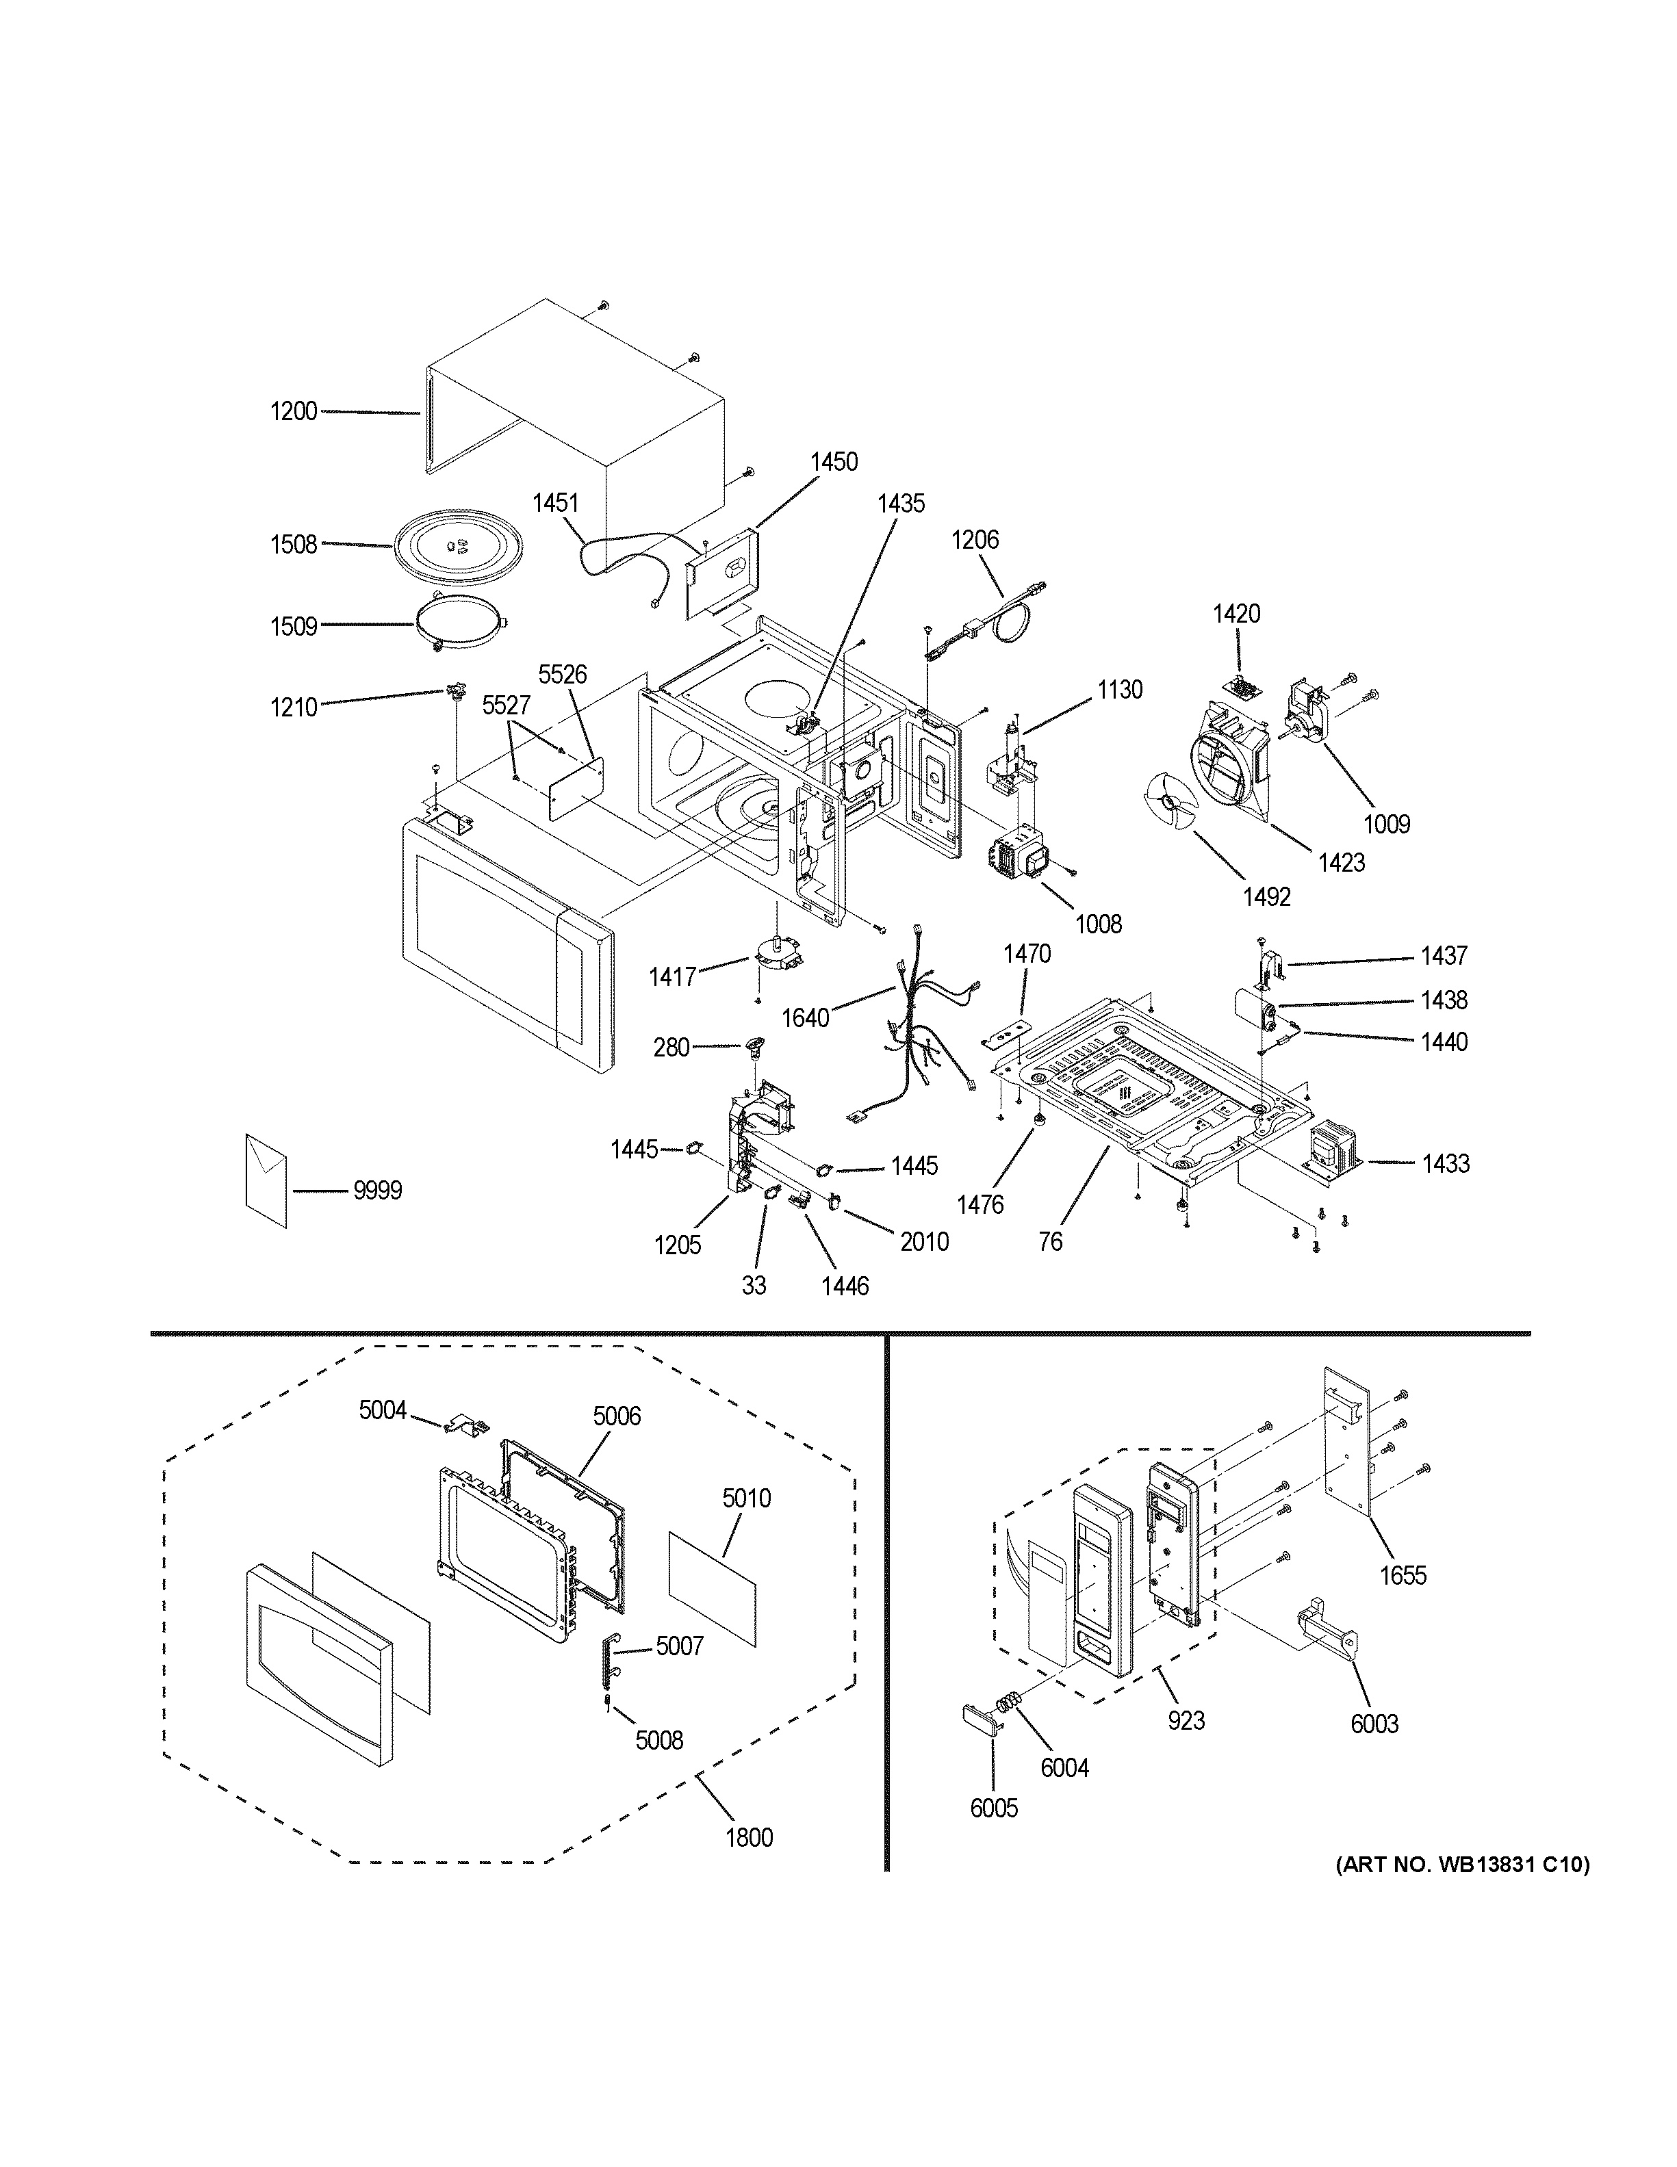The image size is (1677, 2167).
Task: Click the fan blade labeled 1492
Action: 1171,802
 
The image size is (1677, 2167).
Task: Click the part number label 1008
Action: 1099,924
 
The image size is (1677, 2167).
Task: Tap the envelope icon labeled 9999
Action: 266,1181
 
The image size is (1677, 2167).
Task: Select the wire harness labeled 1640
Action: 918,1032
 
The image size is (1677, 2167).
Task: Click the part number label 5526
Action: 563,675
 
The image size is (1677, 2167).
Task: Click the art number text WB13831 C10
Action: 1461,1865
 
